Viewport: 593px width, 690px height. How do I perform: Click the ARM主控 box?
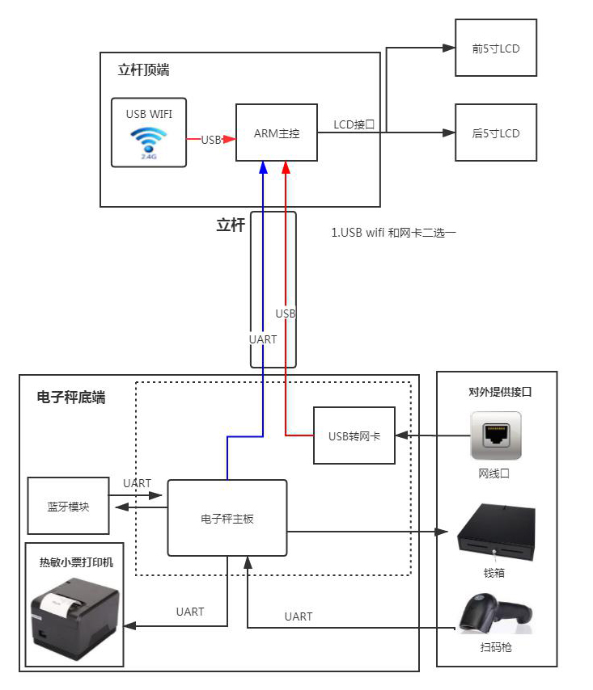(x=277, y=133)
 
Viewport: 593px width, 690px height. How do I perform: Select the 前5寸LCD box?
(x=496, y=48)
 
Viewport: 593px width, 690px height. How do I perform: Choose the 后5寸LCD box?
(x=496, y=133)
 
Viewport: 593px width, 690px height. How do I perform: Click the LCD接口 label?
(x=354, y=124)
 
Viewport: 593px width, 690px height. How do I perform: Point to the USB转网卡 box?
(x=354, y=435)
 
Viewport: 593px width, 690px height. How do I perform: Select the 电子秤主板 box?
(x=227, y=518)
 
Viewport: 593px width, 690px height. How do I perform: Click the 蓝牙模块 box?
(x=68, y=506)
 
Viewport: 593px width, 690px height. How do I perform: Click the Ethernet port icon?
(x=496, y=435)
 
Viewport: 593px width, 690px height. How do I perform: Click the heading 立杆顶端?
(x=144, y=70)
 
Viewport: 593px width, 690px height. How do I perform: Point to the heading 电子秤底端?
(x=71, y=398)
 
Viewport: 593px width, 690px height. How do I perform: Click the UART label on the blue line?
(x=263, y=339)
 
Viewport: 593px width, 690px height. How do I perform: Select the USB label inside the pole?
(x=286, y=313)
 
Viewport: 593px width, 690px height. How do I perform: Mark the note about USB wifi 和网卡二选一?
(x=394, y=233)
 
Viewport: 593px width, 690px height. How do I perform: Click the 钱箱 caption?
(x=495, y=572)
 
